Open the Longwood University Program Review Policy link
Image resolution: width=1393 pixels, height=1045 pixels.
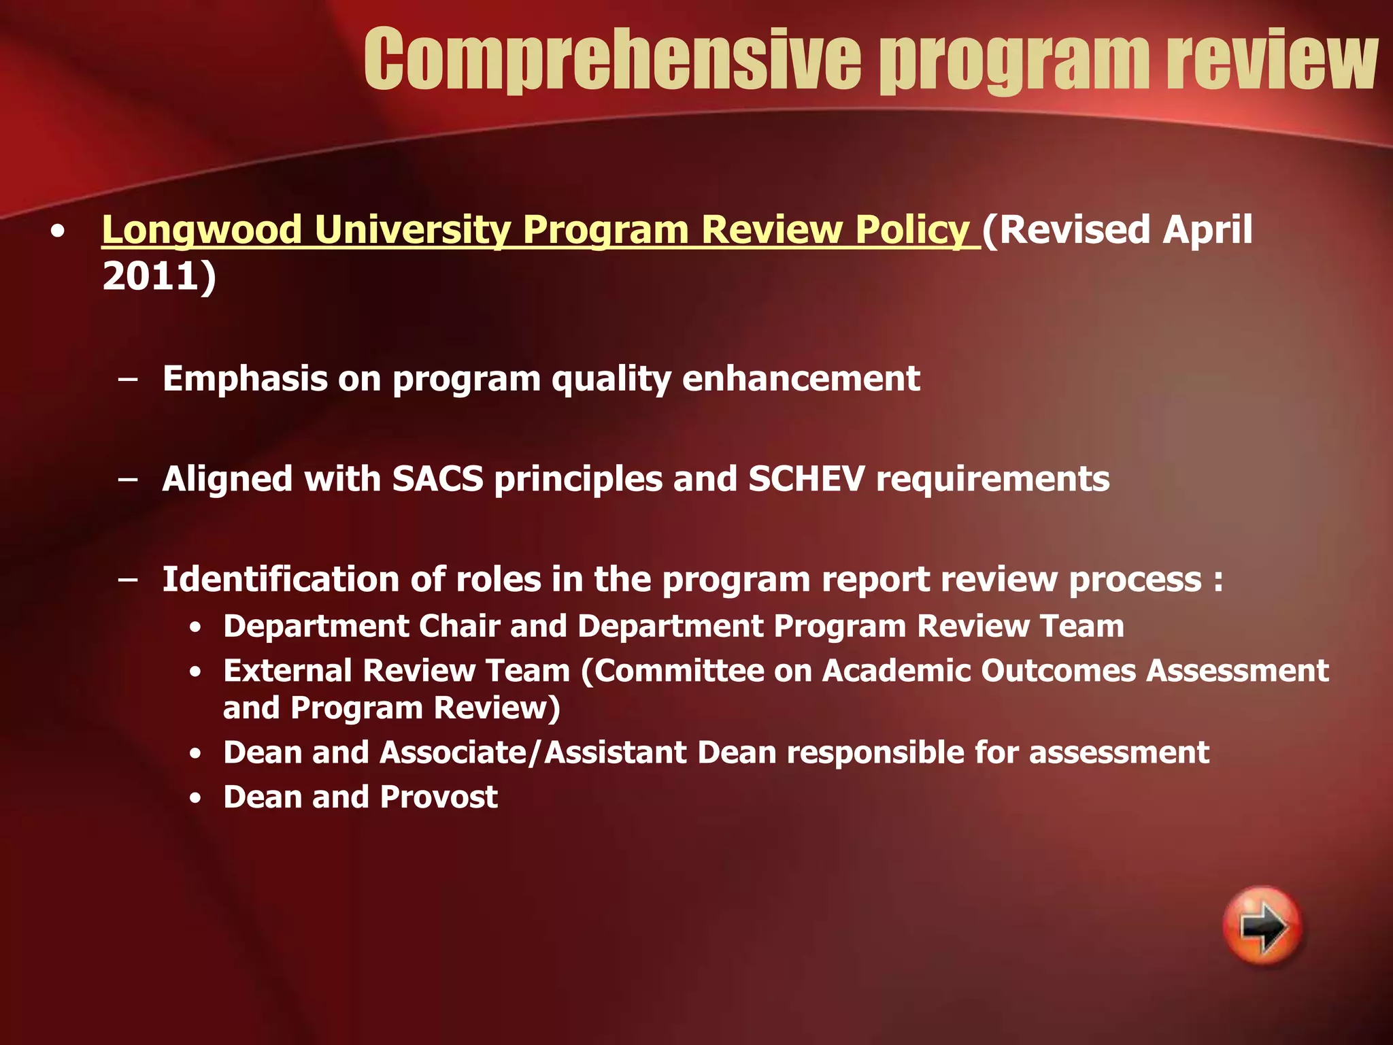point(537,230)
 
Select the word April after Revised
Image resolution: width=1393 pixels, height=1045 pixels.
point(1207,230)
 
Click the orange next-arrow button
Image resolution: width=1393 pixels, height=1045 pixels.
point(1262,926)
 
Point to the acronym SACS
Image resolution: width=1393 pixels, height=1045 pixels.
point(437,479)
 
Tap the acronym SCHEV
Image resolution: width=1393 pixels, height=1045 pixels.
point(806,479)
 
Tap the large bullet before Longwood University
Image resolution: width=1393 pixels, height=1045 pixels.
point(58,232)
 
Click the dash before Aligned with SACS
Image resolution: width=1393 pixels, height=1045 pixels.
point(127,480)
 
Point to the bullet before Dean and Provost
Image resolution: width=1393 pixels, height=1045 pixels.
point(196,799)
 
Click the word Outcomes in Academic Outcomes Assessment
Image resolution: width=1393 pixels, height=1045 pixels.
point(1058,671)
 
